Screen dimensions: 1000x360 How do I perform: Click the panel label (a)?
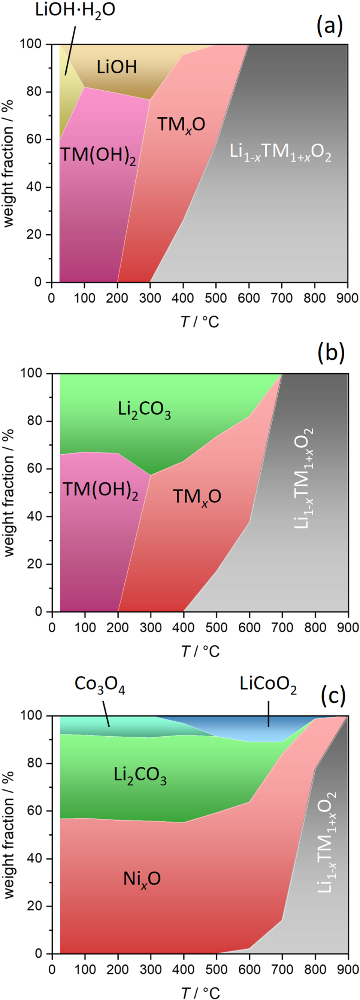pos(330,26)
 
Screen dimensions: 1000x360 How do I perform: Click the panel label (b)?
pos(330,354)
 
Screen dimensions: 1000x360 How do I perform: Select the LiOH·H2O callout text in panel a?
pos(75,9)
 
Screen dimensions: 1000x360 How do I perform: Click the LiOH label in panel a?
pos(117,67)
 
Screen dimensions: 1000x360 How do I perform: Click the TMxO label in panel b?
pos(197,497)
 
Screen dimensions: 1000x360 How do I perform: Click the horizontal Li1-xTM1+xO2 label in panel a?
pos(280,152)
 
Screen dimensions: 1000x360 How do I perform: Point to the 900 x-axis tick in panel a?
pos(347,298)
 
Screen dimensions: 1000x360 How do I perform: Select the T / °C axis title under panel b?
pos(200,651)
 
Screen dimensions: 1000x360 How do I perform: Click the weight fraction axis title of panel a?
pos(9,163)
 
